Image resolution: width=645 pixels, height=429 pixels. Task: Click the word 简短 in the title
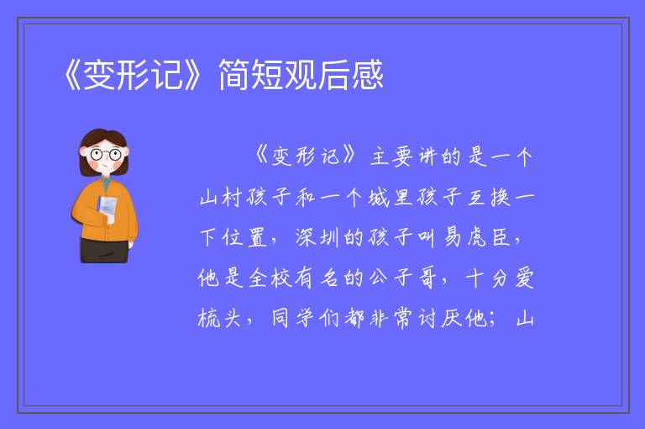[x=250, y=75]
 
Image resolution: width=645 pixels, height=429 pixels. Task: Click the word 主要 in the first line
[x=391, y=157]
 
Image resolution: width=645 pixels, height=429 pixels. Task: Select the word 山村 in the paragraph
[x=220, y=198]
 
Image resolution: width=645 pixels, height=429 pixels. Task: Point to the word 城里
[x=391, y=198]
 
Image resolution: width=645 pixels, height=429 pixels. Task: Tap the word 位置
[x=244, y=238]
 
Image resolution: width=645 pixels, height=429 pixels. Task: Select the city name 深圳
[x=317, y=238]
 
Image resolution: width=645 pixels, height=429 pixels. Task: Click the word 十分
[x=487, y=278]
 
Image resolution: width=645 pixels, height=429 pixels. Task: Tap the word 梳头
[x=219, y=318]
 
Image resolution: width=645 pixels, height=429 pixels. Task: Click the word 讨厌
[x=440, y=318]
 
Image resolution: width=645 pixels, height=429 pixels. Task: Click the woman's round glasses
[x=106, y=155]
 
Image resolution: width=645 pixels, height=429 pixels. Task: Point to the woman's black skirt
[x=103, y=250]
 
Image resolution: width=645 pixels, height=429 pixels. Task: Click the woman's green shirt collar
[x=107, y=183]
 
